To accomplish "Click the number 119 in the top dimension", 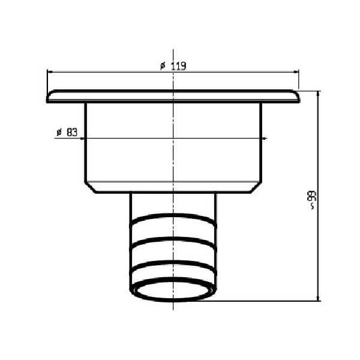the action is [x=179, y=66].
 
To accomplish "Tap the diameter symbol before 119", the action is [x=163, y=66].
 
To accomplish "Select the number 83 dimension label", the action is [x=72, y=132].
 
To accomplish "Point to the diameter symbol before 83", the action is [x=59, y=132].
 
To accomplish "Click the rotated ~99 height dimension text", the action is [x=312, y=200].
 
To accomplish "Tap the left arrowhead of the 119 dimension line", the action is [x=50, y=72].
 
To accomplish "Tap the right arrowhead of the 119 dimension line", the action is [x=296, y=72].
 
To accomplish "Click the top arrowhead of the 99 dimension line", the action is [x=318, y=94].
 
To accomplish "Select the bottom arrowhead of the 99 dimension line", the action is [x=318, y=298].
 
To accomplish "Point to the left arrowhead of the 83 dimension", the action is [x=83, y=139].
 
